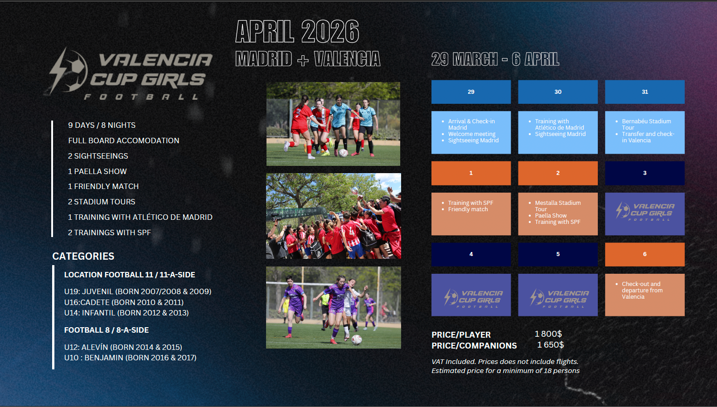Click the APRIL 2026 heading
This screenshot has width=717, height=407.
[297, 31]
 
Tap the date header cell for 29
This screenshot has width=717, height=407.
[471, 92]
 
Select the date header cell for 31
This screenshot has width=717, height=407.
[644, 92]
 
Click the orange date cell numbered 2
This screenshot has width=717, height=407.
[557, 173]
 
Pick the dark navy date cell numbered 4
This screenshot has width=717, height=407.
[471, 254]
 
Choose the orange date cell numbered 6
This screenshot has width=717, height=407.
[644, 254]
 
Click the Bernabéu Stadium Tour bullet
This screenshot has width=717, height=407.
[646, 125]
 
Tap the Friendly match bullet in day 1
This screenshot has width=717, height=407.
[468, 209]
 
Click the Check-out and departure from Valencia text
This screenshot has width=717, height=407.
[642, 290]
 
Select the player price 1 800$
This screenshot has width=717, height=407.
[548, 334]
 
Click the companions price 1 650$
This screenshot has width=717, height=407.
[550, 345]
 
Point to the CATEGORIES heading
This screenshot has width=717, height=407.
[83, 256]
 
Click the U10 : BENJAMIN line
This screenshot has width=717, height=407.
[130, 358]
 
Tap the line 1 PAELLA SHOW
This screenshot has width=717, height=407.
[97, 171]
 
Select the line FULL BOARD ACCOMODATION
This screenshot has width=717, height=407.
[124, 141]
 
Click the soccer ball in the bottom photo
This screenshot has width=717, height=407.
[357, 339]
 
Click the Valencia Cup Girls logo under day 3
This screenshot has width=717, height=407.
[644, 212]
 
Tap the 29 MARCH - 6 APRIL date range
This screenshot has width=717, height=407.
[495, 59]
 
